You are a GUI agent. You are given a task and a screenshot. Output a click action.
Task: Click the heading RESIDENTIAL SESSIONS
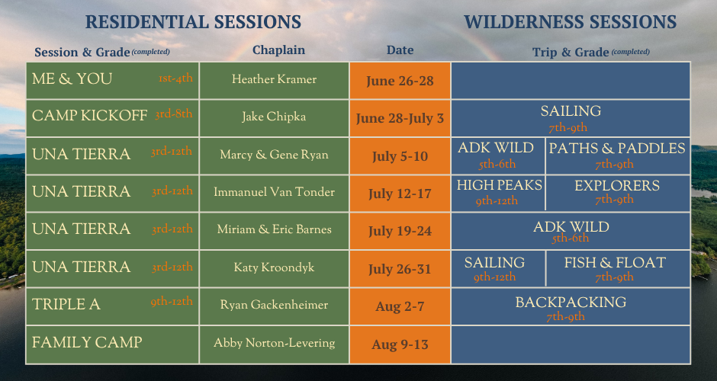tap(193, 22)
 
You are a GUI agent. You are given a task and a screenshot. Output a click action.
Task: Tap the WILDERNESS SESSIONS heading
tap(571, 22)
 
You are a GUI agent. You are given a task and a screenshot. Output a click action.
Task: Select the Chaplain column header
tap(278, 50)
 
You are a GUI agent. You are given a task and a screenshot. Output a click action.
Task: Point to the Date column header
tap(400, 50)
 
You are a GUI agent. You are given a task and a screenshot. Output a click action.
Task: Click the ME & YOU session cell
tap(112, 81)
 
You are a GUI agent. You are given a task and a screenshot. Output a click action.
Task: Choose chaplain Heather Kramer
tap(274, 79)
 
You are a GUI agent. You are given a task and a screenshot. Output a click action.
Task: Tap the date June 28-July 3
tap(400, 118)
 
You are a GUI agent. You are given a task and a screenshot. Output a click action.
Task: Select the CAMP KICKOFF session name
tap(89, 116)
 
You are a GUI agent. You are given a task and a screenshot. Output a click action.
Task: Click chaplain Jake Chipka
tap(274, 117)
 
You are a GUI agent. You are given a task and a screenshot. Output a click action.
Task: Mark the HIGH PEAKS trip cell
tap(498, 193)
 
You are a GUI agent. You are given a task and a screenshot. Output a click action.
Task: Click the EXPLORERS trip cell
tap(618, 193)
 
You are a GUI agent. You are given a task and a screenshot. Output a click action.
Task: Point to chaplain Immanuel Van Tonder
tap(274, 191)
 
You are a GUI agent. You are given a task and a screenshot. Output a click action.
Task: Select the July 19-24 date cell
tap(400, 231)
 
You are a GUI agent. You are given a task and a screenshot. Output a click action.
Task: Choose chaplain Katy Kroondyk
tap(274, 267)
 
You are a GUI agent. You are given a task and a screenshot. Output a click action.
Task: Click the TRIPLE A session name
tap(66, 304)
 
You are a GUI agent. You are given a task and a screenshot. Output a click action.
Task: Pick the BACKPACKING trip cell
tap(571, 306)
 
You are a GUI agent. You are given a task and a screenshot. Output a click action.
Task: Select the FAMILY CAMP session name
tap(87, 342)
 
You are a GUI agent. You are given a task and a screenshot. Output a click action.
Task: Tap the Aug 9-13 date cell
tap(400, 344)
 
